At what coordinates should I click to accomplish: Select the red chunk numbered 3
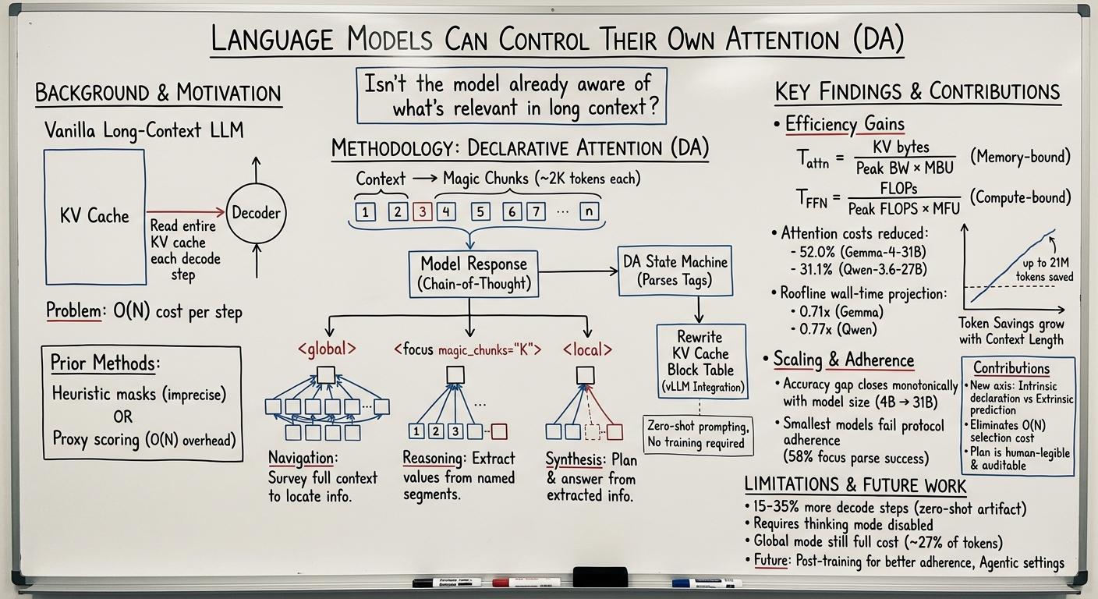(x=422, y=212)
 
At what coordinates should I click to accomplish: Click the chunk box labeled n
(x=590, y=211)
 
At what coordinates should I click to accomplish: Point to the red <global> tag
(x=327, y=349)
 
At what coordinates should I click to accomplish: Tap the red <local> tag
(x=587, y=349)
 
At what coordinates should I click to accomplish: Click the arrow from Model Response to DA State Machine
(x=578, y=271)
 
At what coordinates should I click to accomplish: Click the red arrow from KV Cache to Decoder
(x=186, y=212)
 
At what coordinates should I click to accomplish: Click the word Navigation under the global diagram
(x=301, y=458)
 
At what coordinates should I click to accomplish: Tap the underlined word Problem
(x=73, y=310)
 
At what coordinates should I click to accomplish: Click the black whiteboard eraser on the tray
(x=600, y=577)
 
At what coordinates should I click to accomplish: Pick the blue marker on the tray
(x=707, y=583)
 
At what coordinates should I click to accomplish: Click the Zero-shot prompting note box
(x=697, y=434)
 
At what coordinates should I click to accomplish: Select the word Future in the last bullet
(x=770, y=560)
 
